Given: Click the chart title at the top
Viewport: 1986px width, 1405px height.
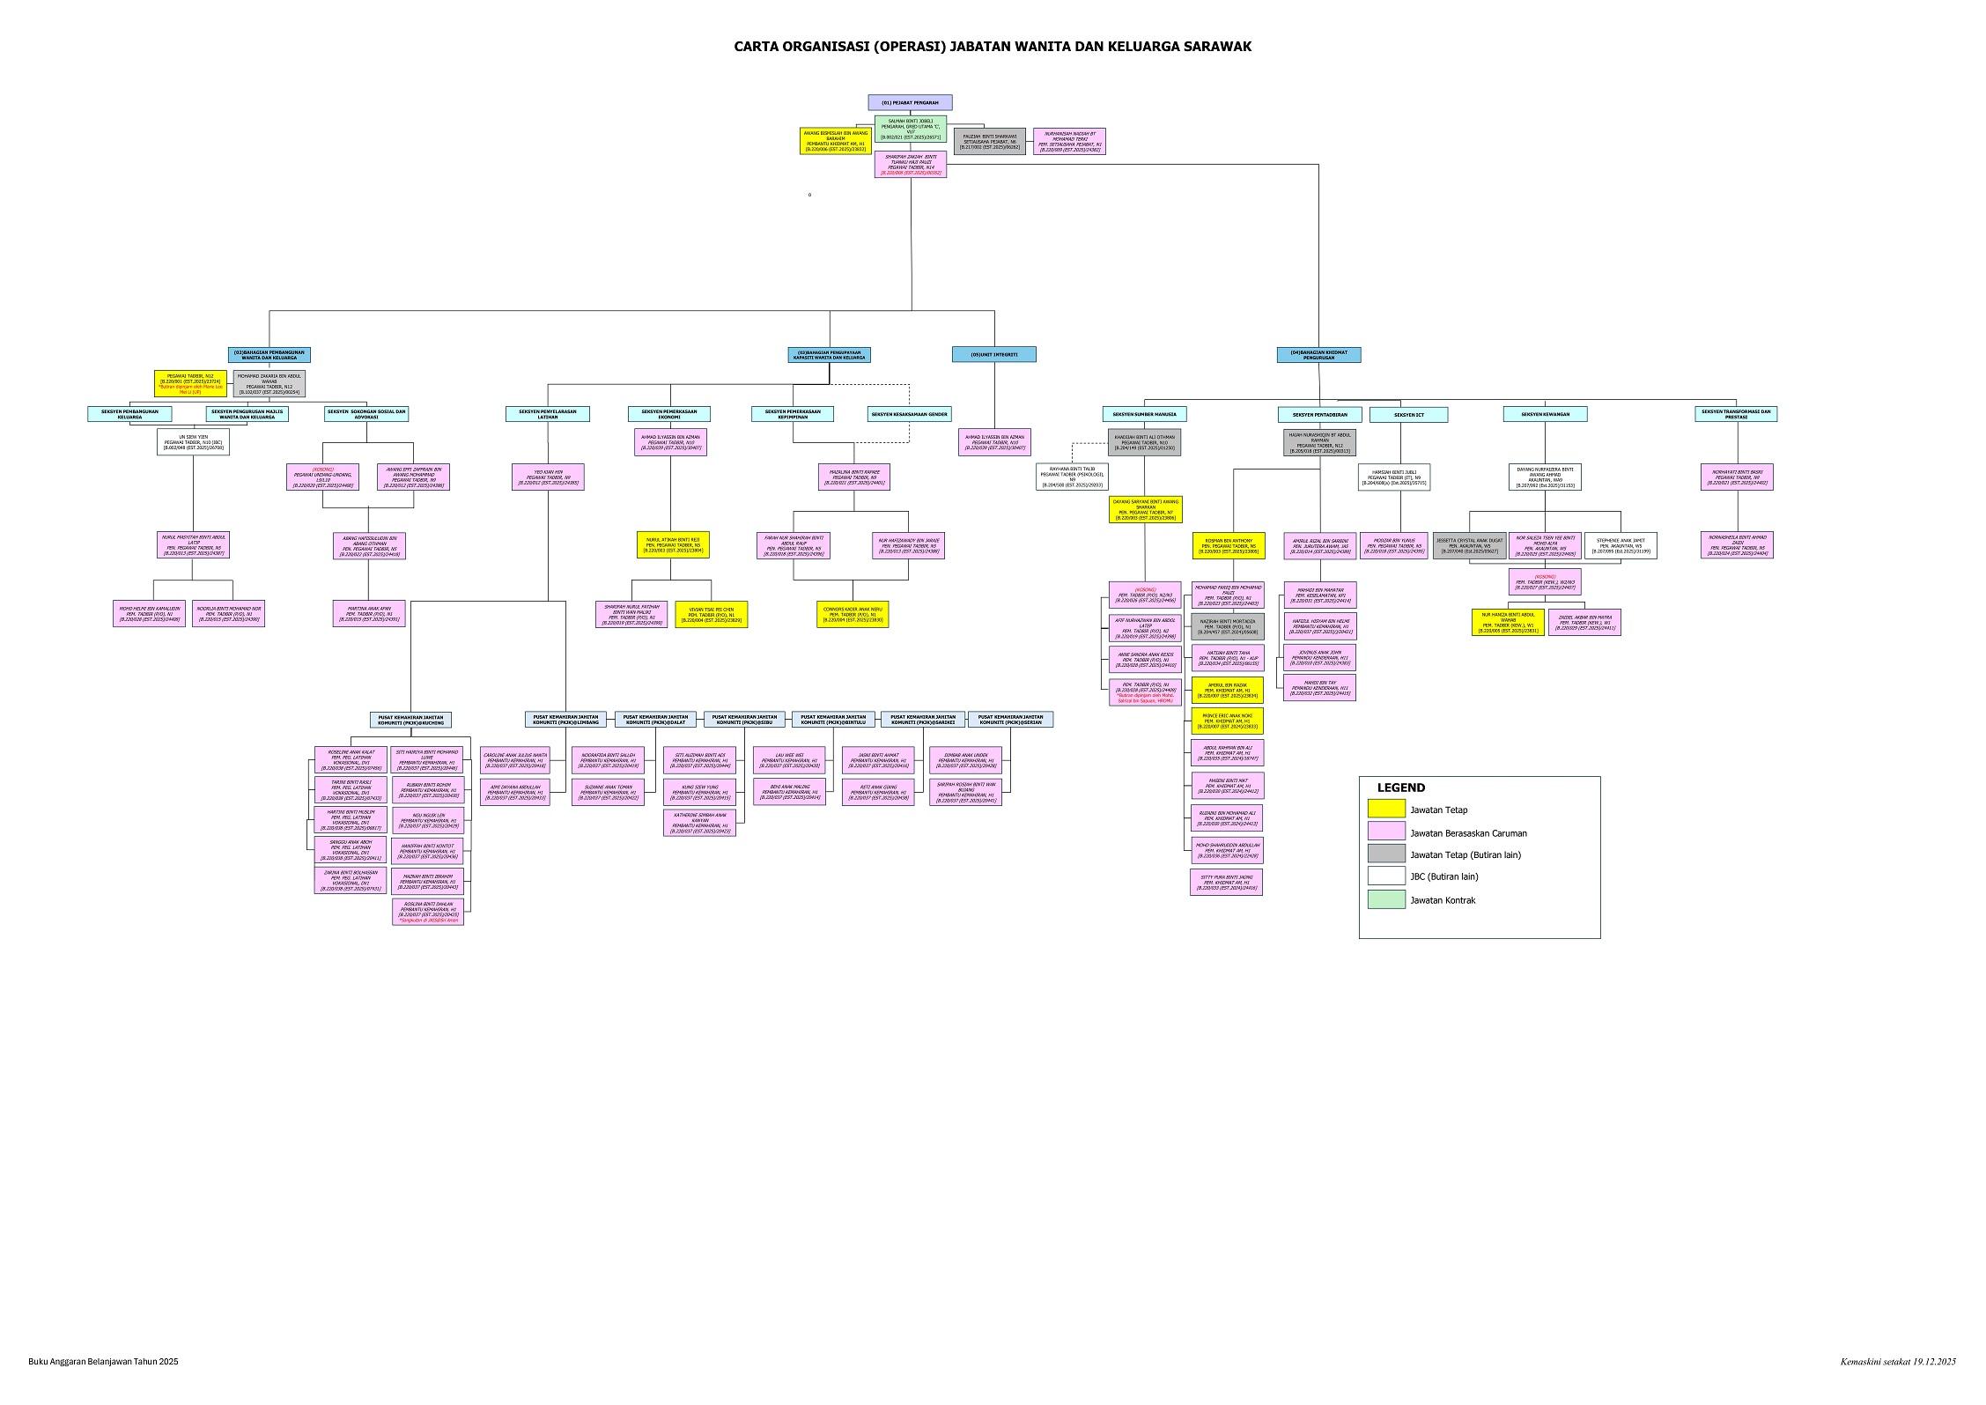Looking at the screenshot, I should pyautogui.click(x=993, y=47).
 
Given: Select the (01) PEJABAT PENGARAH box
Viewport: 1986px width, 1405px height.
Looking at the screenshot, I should pyautogui.click(x=910, y=102).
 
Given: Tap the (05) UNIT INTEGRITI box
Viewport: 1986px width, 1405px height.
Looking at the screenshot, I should pyautogui.click(x=993, y=354).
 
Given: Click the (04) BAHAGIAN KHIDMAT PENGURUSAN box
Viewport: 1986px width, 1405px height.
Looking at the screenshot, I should pyautogui.click(x=1318, y=354).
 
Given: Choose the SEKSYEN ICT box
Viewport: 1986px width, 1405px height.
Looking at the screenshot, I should pyautogui.click(x=1408, y=414).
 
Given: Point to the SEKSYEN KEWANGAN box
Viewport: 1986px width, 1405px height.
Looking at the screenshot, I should pyautogui.click(x=1545, y=414).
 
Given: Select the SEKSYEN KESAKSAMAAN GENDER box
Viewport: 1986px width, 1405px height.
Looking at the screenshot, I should pyautogui.click(x=909, y=414).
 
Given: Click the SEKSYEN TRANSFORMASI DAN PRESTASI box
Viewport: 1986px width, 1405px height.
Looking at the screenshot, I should pyautogui.click(x=1736, y=413).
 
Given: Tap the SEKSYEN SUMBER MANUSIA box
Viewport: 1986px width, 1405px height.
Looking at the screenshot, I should pyautogui.click(x=1144, y=414).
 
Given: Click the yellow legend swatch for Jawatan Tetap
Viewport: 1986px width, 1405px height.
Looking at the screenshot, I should pyautogui.click(x=1386, y=809).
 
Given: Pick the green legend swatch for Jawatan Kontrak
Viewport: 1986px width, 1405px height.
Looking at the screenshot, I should pyautogui.click(x=1386, y=899).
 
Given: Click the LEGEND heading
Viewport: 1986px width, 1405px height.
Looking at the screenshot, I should pyautogui.click(x=1400, y=788).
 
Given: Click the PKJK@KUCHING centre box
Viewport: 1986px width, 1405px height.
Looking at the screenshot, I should pyautogui.click(x=410, y=720).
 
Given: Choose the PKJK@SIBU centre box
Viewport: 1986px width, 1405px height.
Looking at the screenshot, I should pyautogui.click(x=745, y=720).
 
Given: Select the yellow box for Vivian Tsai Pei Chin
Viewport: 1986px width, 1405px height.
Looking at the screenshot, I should pyautogui.click(x=711, y=614).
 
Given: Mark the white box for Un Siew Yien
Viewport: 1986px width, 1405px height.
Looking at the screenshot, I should pyautogui.click(x=194, y=441).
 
